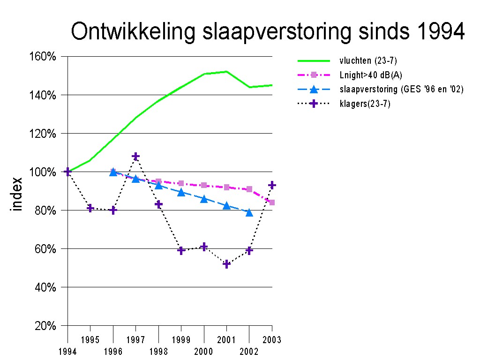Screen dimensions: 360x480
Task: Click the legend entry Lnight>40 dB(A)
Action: (x=371, y=75)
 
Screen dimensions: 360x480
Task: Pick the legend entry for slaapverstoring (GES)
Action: (x=401, y=89)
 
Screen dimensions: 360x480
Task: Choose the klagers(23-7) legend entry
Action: (x=365, y=104)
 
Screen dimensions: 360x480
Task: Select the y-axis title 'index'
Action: (x=17, y=194)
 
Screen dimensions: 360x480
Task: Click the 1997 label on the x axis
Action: (x=135, y=339)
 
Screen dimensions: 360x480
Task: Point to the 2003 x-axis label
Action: (x=272, y=339)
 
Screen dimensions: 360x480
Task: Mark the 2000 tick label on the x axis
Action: (x=204, y=352)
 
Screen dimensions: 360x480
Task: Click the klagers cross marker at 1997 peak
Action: (x=135, y=156)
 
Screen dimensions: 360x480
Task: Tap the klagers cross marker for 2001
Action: (x=226, y=264)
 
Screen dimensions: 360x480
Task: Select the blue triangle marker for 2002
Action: (x=249, y=213)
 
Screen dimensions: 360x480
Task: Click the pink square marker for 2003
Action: (x=272, y=202)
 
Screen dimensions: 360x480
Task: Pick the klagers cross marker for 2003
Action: (x=272, y=186)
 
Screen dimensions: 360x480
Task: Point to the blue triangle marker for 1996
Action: (x=113, y=172)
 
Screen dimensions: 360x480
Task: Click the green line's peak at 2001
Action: (x=226, y=72)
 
